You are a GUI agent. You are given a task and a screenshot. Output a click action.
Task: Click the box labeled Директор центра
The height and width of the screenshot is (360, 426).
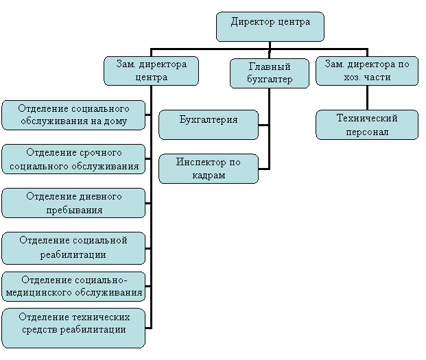point(270,27)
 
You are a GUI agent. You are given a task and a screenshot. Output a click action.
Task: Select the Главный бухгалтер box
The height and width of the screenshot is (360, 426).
point(269,73)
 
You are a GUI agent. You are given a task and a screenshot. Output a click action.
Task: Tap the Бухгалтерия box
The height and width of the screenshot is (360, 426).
point(209,125)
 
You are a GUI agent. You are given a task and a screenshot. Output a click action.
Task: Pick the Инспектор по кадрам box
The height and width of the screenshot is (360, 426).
point(209,169)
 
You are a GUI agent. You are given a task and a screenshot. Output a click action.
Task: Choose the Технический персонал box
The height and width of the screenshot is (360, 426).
point(367,125)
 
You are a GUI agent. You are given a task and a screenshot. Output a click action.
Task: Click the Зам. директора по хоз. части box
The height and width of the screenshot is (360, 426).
point(367,71)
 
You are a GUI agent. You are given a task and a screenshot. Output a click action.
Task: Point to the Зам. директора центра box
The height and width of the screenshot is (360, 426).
point(152,71)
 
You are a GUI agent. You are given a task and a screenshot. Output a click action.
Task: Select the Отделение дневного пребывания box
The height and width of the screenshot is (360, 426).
point(73,203)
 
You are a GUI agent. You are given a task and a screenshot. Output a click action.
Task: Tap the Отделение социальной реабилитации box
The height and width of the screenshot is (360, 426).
point(73,248)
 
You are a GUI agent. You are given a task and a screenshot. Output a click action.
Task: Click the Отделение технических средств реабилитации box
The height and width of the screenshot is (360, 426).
point(73,328)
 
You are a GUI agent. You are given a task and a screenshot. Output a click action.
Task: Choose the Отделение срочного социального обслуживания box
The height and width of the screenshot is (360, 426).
point(73,159)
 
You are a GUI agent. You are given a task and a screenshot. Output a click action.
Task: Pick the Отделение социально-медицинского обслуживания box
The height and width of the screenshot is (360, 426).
point(73,287)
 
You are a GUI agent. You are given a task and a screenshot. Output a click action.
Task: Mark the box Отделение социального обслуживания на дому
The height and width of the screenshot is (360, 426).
point(73,115)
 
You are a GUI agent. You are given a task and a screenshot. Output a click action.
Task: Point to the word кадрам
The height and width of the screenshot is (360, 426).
point(209,175)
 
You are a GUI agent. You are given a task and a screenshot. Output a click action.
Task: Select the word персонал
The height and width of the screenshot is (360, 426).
point(367,132)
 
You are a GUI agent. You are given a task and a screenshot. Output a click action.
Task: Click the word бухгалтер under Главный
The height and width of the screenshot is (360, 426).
point(270,80)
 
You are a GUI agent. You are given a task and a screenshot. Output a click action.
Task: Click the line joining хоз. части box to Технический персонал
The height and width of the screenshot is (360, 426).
point(367,98)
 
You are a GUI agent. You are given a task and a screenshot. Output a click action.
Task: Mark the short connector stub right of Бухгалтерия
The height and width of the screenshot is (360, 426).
point(263,125)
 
